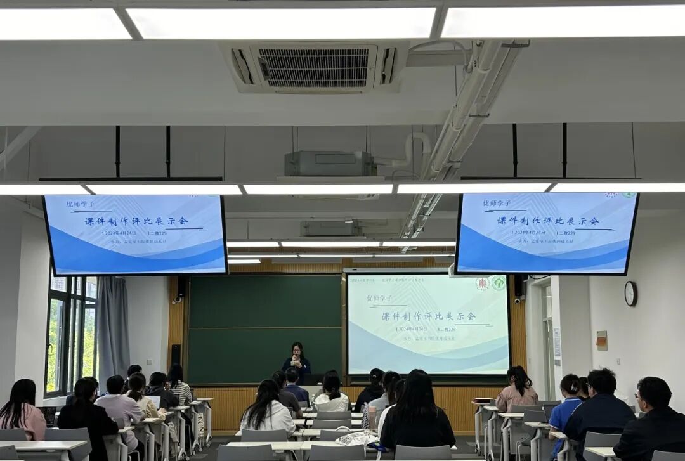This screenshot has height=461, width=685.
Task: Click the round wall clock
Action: pyautogui.click(x=630, y=294)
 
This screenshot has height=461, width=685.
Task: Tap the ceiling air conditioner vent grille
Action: pyautogui.click(x=315, y=67)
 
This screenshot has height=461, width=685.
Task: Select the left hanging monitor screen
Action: pyautogui.click(x=135, y=234)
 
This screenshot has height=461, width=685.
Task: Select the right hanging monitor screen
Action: pyautogui.click(x=546, y=233)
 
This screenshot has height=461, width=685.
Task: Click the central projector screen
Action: pyautogui.click(x=427, y=324)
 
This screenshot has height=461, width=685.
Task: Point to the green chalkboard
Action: pyautogui.click(x=264, y=328)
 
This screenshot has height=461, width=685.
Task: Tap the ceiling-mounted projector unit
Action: pyautogui.click(x=328, y=163)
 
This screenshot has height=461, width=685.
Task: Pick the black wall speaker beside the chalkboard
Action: pyautogui.click(x=176, y=355)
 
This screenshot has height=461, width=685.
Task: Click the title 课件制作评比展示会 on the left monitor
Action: pyautogui.click(x=136, y=221)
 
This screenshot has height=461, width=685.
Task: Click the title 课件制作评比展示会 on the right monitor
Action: pyautogui.click(x=547, y=221)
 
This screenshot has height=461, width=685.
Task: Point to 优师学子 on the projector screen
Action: pyautogui.click(x=379, y=298)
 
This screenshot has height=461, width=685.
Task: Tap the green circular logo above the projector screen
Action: pyautogui.click(x=499, y=283)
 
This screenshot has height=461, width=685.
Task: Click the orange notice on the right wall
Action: pyautogui.click(x=601, y=341)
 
